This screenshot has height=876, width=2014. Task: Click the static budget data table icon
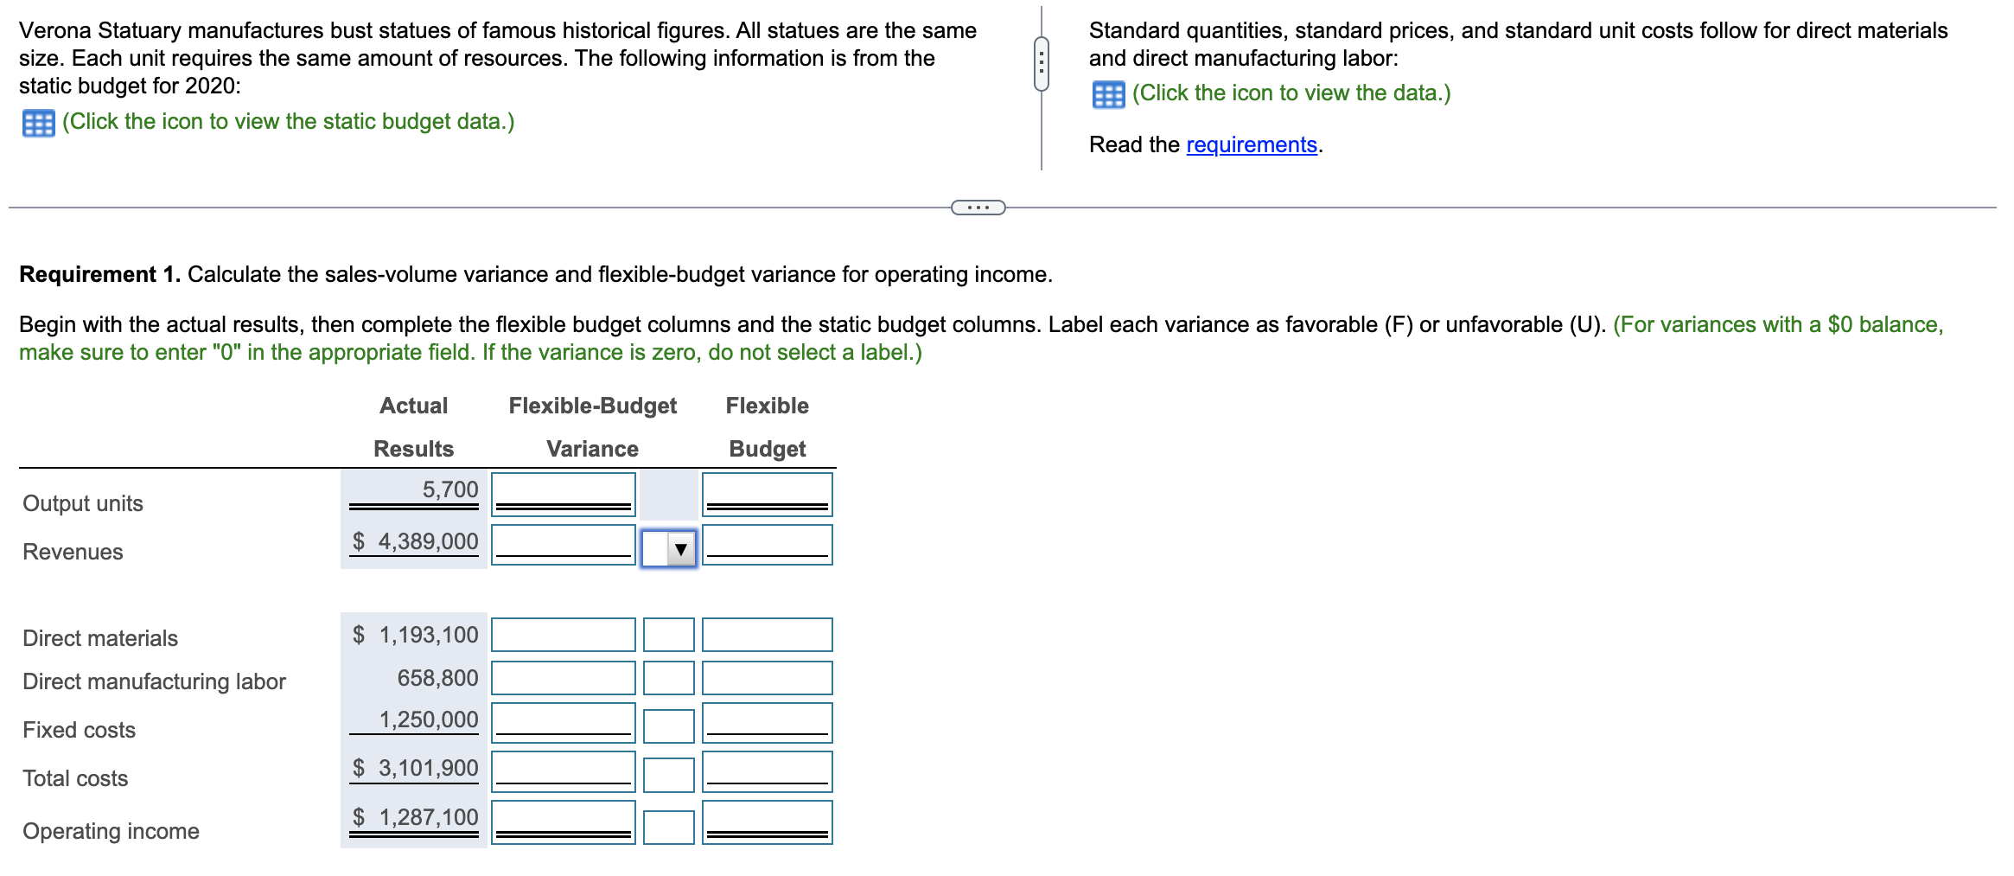[38, 123]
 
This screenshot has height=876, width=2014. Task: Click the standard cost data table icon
[1108, 94]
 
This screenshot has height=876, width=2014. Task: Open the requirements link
[1251, 144]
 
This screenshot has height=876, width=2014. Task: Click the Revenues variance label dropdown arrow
[680, 548]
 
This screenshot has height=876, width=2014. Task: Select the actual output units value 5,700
[449, 489]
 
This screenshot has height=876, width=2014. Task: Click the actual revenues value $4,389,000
[416, 541]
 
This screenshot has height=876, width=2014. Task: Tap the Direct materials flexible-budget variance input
[563, 635]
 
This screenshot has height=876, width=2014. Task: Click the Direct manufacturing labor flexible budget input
[767, 678]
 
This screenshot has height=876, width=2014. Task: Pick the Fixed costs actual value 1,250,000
[428, 719]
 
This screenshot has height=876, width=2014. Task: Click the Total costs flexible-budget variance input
[563, 771]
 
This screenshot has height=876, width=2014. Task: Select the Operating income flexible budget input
[767, 822]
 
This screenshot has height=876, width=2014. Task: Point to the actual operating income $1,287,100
[416, 817]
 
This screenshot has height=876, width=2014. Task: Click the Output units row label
[83, 503]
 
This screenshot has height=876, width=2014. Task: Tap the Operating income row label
[111, 831]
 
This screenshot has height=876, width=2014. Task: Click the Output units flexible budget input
[767, 494]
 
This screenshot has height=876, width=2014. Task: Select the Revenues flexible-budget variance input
[563, 545]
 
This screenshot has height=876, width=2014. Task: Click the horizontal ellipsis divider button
[978, 208]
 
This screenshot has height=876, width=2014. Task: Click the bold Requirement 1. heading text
[99, 274]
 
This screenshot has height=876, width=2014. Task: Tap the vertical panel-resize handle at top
[1042, 63]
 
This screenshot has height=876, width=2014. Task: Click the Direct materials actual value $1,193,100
[416, 635]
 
